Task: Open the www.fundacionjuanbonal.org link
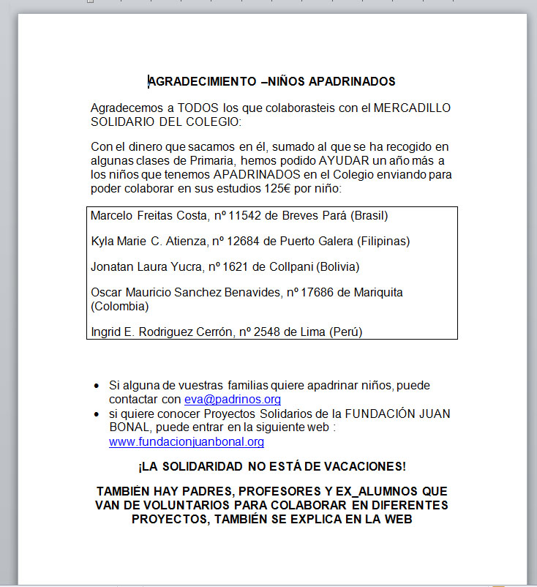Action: (x=186, y=442)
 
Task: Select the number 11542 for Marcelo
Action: (x=244, y=216)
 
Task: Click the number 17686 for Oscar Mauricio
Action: (x=318, y=293)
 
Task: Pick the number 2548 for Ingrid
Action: (x=267, y=332)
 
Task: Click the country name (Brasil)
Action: (x=369, y=216)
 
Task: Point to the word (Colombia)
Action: (x=119, y=306)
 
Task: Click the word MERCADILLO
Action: (x=412, y=108)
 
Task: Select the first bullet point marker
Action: (x=97, y=386)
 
